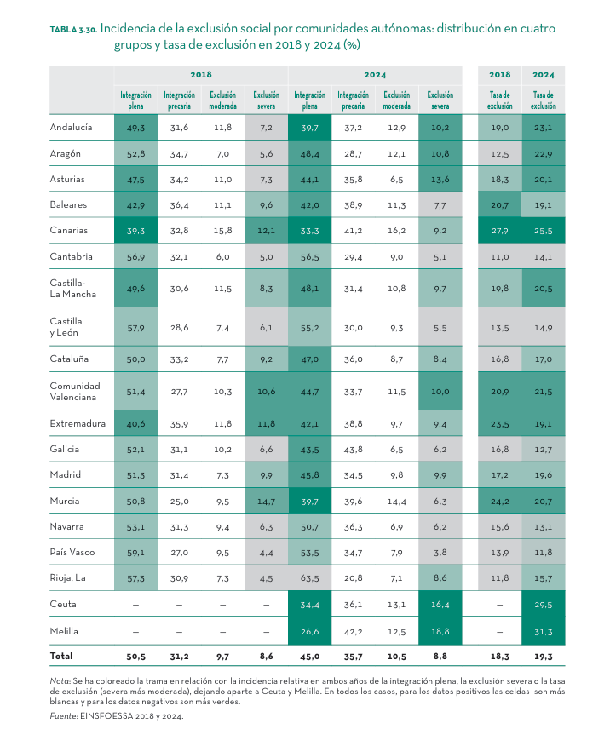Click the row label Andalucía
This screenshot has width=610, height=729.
[x=71, y=127]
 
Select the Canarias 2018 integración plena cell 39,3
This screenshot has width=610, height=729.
[x=135, y=231]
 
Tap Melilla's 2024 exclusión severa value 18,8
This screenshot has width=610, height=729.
[x=440, y=631]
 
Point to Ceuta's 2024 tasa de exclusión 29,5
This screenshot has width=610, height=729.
[x=543, y=602]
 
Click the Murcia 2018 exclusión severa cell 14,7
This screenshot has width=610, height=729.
[x=266, y=502]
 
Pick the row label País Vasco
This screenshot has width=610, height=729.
[x=72, y=553]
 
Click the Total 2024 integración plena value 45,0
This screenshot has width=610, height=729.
[x=309, y=657]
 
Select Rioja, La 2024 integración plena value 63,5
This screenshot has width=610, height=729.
[x=309, y=578]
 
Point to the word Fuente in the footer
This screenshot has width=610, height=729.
[x=62, y=716]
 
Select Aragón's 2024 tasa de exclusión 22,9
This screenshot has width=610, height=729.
[x=543, y=154]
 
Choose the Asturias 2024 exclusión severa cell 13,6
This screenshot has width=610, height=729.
[x=440, y=180]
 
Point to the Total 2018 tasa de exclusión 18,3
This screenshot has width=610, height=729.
[x=500, y=657]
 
